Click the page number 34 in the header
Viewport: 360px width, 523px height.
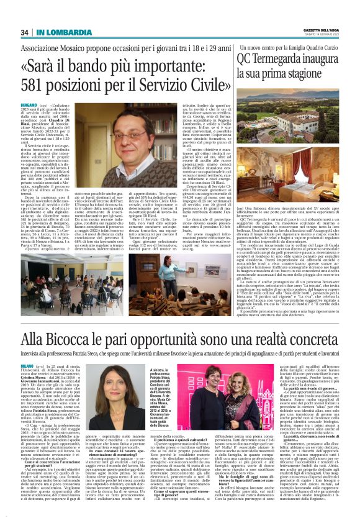point(25,32)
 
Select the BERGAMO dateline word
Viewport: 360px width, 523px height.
point(29,124)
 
